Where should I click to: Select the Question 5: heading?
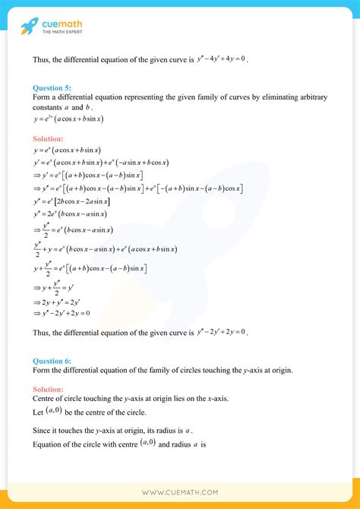click(x=52, y=88)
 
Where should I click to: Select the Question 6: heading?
click(x=52, y=361)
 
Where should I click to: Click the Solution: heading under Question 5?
click(x=48, y=140)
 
